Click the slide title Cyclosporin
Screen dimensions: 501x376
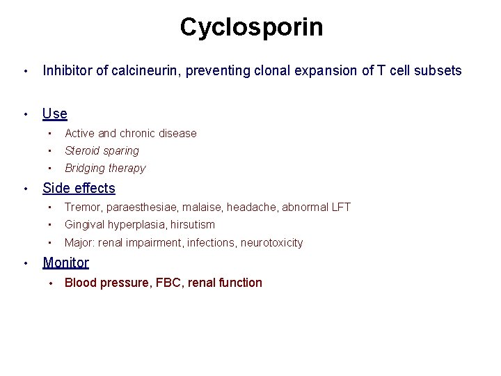251,27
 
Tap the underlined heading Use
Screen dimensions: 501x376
55,113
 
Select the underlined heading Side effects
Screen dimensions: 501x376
79,188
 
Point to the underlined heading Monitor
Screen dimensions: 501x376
65,263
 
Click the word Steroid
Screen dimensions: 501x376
82,150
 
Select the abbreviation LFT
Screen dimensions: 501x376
341,207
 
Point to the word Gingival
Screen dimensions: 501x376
85,224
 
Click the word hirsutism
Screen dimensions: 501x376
191,224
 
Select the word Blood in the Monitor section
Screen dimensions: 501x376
79,283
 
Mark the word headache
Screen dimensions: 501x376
252,207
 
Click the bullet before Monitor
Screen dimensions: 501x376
24,263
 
